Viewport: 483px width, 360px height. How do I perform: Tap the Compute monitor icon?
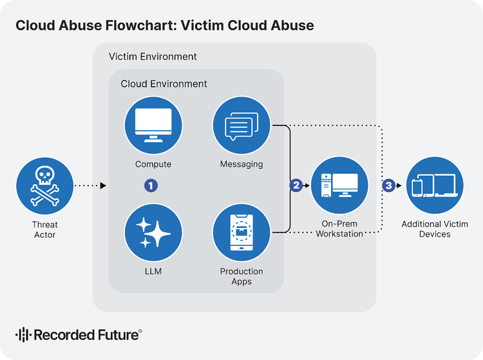click(153, 126)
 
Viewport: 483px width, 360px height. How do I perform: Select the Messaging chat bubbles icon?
click(241, 126)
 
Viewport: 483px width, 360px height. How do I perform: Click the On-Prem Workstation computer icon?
click(339, 186)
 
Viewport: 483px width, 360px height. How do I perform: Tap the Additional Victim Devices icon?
click(435, 186)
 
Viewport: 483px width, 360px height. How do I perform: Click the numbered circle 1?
click(151, 185)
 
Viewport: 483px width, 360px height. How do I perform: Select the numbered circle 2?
click(296, 185)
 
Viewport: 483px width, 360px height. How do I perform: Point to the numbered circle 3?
click(388, 185)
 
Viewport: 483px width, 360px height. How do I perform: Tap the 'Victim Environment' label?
click(153, 57)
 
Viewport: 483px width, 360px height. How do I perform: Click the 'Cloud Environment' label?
click(164, 84)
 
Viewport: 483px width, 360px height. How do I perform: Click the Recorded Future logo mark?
click(23, 335)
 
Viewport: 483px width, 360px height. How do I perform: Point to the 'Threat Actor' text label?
click(45, 229)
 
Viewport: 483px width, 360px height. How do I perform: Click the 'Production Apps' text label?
click(241, 276)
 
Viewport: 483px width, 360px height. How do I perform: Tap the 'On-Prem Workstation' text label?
click(339, 229)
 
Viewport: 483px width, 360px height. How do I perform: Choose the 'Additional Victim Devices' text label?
click(435, 229)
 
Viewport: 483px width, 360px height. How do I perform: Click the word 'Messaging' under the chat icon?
click(241, 164)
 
